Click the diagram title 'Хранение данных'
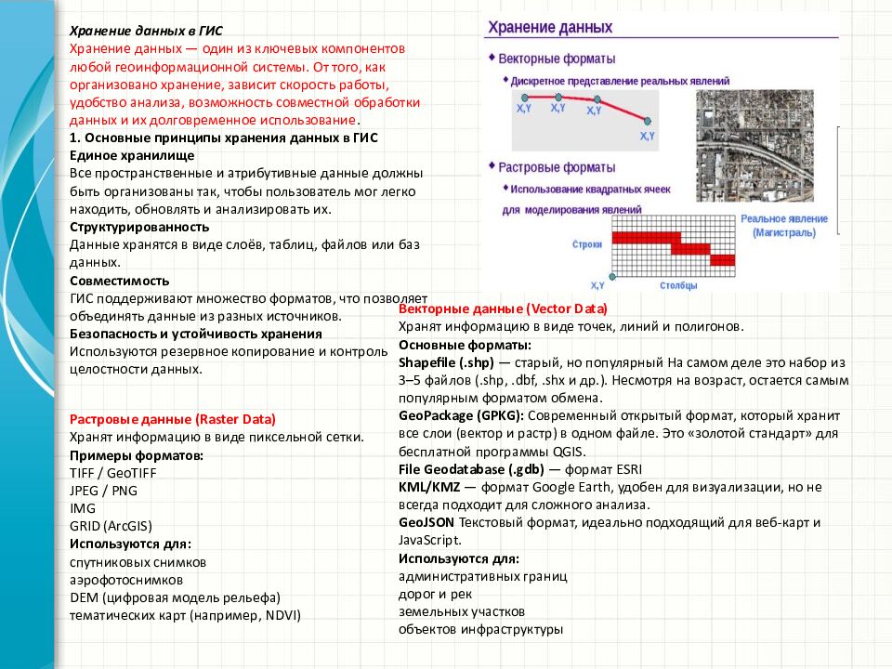pyautogui.click(x=551, y=28)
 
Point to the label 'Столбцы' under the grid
pyautogui.click(x=678, y=285)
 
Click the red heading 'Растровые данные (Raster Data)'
pyautogui.click(x=173, y=419)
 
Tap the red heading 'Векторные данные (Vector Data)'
pyautogui.click(x=503, y=308)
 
